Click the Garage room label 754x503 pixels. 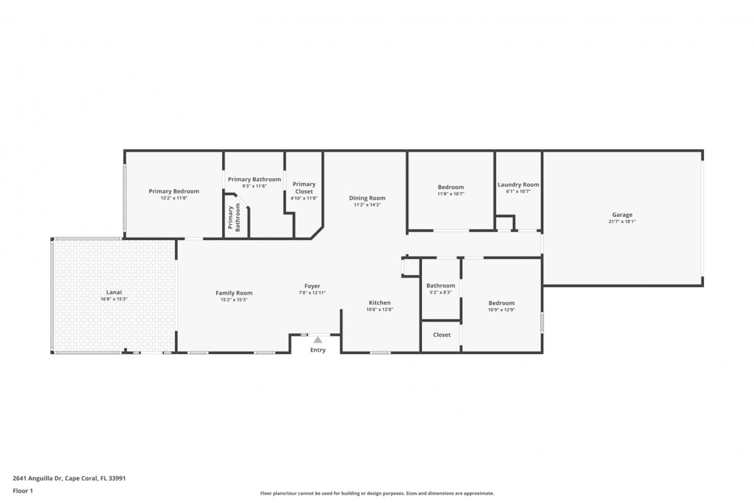pos(622,215)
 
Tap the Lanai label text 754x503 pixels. pos(114,292)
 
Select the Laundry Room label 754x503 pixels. pos(518,184)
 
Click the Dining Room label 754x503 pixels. pos(367,198)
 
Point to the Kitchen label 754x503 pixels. pos(380,303)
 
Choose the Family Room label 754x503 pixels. pos(234,293)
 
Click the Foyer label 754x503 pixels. pos(312,286)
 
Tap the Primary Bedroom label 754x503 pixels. pos(174,191)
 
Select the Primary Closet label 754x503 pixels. pos(304,188)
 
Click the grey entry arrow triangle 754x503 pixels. pos(318,340)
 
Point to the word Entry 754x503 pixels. pos(318,350)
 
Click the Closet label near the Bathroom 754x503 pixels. pos(442,334)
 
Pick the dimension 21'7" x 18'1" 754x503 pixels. pos(622,222)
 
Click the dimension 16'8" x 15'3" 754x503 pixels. pos(114,299)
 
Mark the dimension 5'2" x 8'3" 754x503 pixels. pos(441,292)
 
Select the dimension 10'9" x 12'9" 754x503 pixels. pos(502,310)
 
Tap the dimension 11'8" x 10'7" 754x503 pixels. pos(451,194)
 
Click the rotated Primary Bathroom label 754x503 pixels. pos(234,218)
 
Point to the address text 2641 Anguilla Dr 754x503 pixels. pos(37,478)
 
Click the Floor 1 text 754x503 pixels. pos(23,491)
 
